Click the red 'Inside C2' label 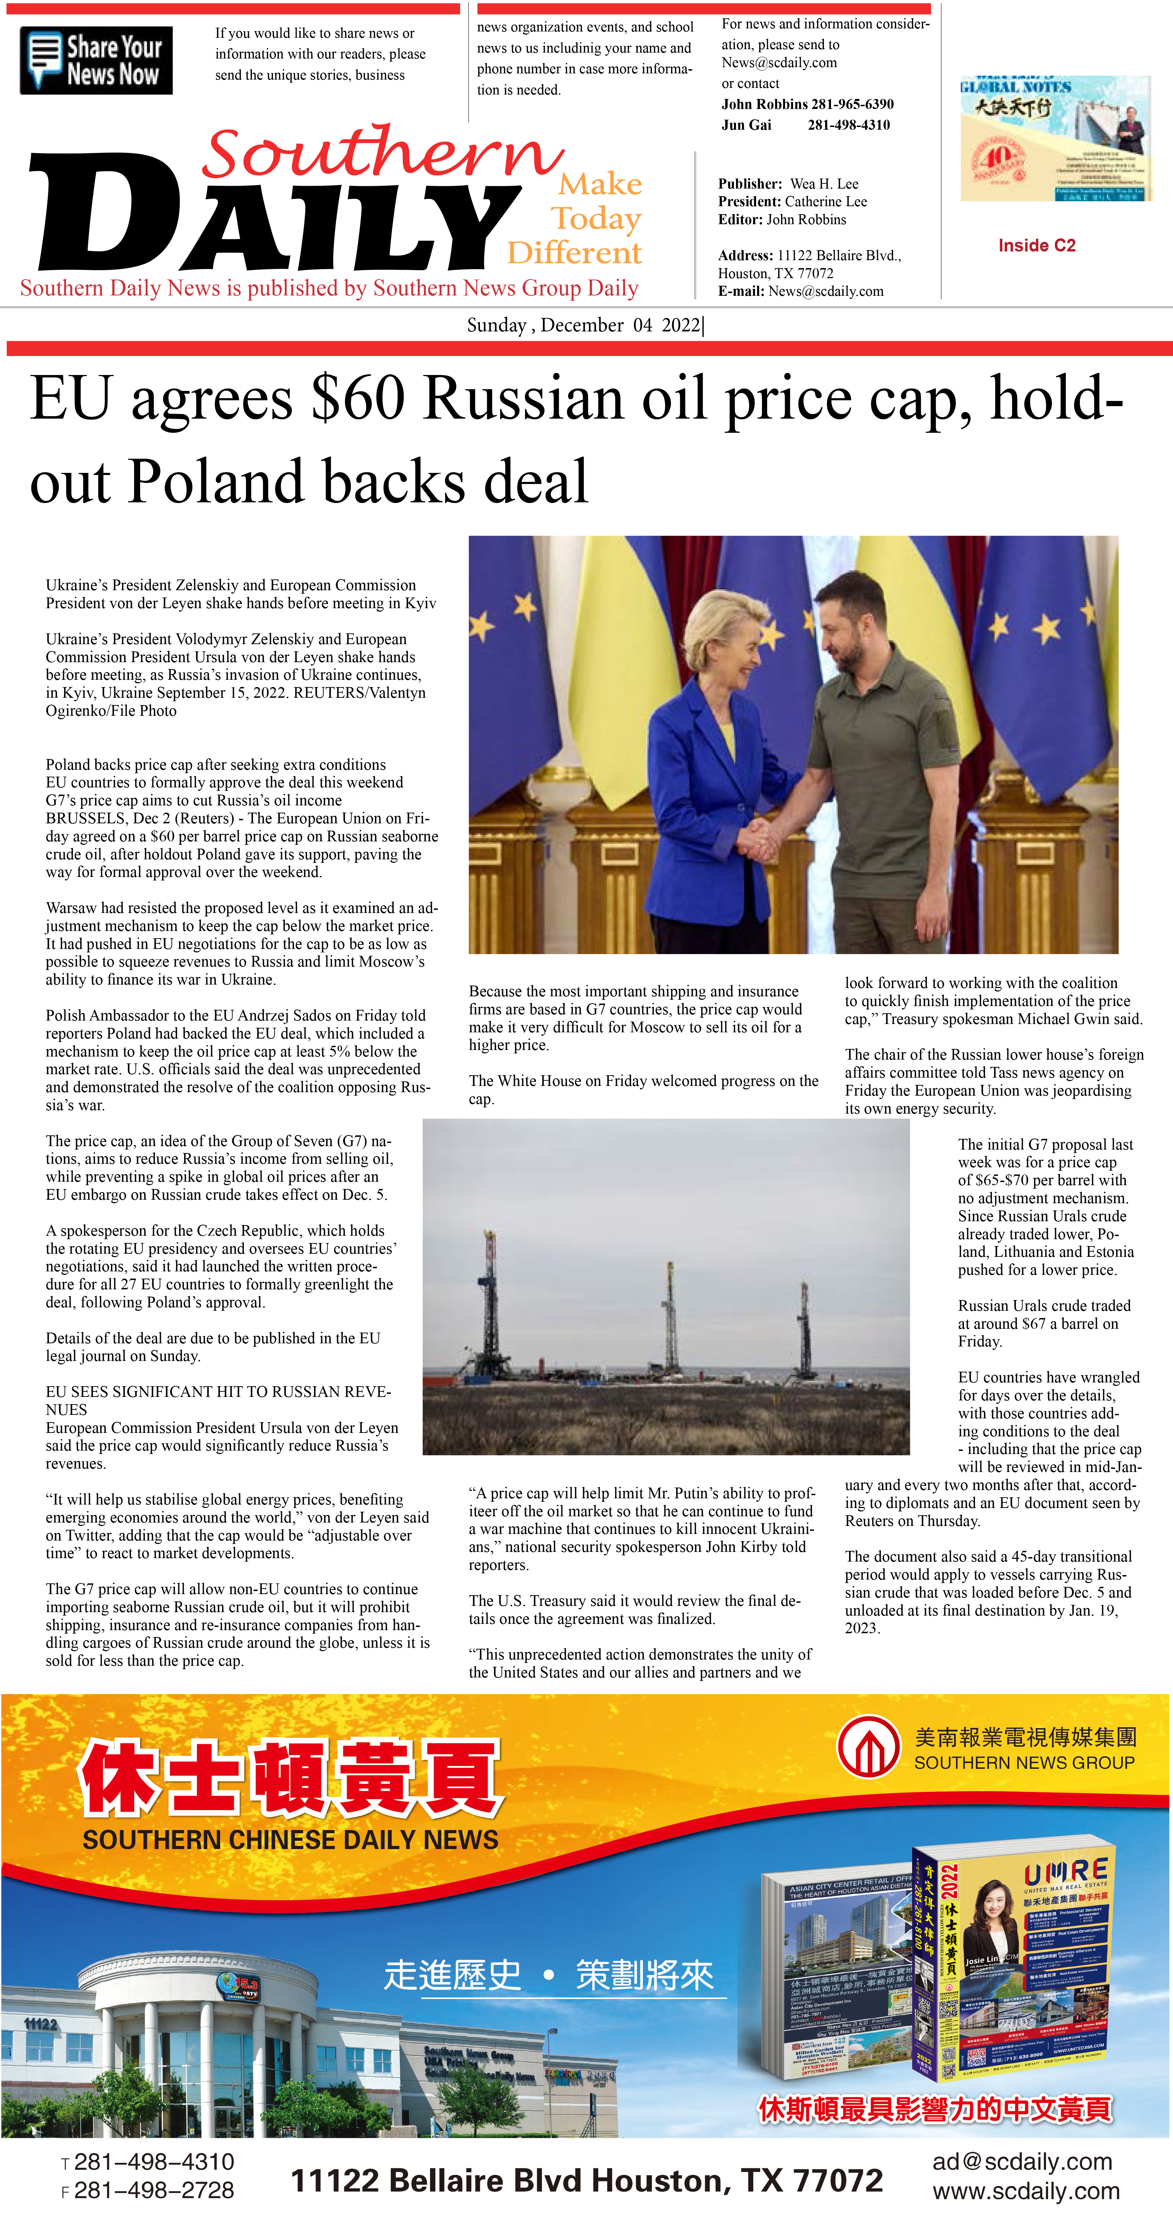coord(1036,246)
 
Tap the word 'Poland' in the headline coord(215,481)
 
